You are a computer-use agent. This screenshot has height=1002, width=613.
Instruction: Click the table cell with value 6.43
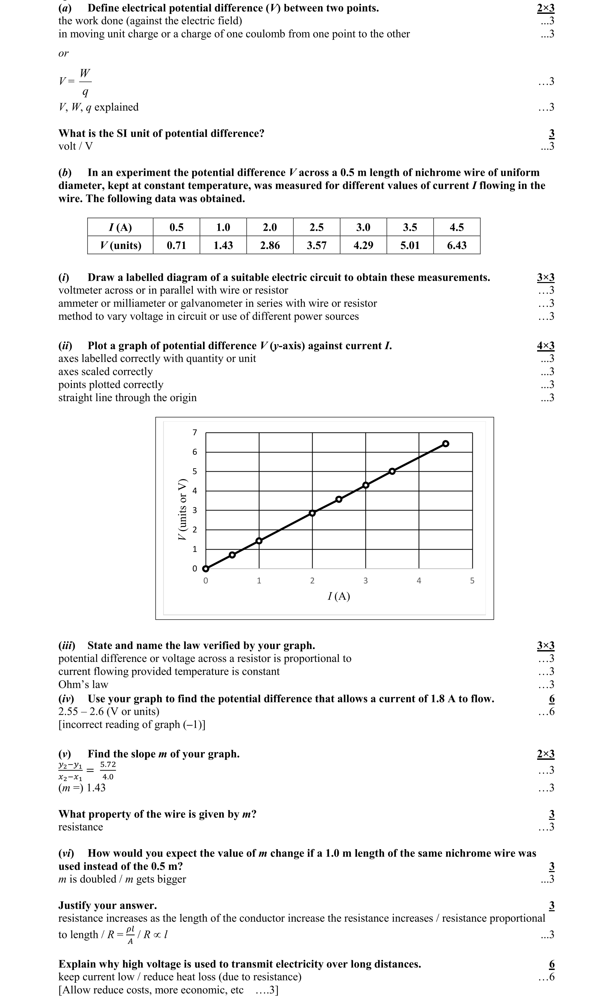[457, 245]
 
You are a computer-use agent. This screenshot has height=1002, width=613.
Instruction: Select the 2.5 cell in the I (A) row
[316, 227]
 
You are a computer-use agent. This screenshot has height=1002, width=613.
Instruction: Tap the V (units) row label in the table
[120, 245]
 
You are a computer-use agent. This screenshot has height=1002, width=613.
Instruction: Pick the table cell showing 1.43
[223, 245]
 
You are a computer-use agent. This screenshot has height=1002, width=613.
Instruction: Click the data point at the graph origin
[206, 568]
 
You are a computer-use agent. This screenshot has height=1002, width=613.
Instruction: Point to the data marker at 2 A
[312, 513]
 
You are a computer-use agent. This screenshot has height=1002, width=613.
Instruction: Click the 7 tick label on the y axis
[194, 433]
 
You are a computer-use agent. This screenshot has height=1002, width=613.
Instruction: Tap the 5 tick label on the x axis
[472, 581]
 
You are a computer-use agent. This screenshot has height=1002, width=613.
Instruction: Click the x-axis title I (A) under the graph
[339, 596]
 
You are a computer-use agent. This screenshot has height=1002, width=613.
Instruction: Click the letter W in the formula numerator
[85, 73]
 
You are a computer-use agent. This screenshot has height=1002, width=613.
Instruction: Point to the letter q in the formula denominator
[85, 92]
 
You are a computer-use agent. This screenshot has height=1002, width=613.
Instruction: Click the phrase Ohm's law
[83, 685]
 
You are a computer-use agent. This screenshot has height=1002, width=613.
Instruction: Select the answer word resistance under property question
[81, 827]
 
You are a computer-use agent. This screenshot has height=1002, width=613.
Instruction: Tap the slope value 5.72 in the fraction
[108, 764]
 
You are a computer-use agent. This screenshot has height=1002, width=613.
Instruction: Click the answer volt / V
[76, 146]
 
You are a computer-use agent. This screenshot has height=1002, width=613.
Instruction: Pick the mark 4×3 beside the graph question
[546, 346]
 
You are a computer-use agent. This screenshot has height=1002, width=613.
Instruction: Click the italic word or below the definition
[63, 53]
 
